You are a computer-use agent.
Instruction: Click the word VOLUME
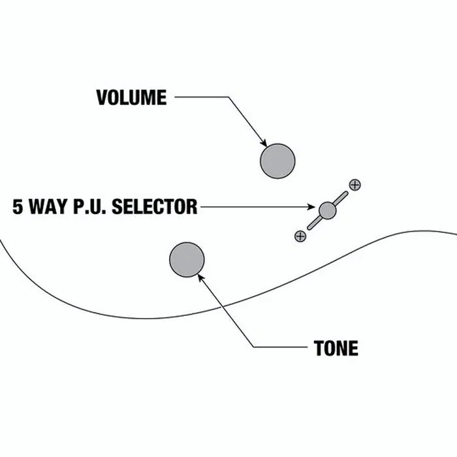click(131, 97)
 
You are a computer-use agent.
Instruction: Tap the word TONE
click(336, 348)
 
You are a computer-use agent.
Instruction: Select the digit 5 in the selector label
click(18, 207)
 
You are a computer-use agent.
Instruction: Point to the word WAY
click(48, 207)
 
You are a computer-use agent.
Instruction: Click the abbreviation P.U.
click(89, 207)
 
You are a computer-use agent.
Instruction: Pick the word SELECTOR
click(155, 207)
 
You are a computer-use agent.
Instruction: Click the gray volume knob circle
click(277, 161)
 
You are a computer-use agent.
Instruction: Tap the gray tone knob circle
click(187, 260)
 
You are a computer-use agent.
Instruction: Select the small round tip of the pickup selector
click(328, 210)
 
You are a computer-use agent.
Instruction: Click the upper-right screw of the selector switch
click(355, 185)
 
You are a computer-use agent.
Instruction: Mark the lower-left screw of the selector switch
click(300, 236)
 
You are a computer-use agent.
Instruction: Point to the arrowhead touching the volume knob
click(264, 143)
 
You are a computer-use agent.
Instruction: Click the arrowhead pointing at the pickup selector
click(311, 207)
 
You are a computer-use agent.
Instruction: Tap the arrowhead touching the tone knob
click(200, 277)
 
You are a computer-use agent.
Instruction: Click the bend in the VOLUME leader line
click(228, 97)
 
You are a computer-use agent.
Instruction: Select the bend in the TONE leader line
click(253, 347)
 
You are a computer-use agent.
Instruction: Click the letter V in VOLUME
click(102, 97)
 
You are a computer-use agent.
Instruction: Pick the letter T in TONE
click(319, 348)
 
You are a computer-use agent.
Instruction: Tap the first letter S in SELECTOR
click(117, 207)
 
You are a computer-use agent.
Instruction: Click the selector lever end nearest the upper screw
click(346, 193)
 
